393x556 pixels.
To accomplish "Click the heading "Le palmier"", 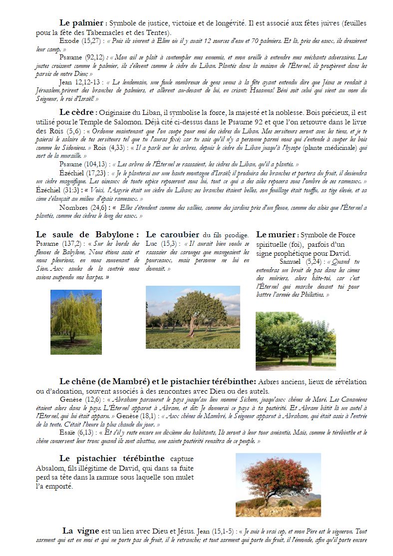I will [x=81, y=22].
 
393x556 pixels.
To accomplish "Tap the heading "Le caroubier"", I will [x=172, y=234].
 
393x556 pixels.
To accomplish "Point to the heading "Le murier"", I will [x=276, y=234].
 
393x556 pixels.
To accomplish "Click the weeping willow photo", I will [x=76, y=322].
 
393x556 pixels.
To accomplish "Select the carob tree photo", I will [x=193, y=317].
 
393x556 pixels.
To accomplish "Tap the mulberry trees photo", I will [x=296, y=341].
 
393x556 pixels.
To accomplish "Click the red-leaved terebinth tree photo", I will [x=278, y=485].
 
